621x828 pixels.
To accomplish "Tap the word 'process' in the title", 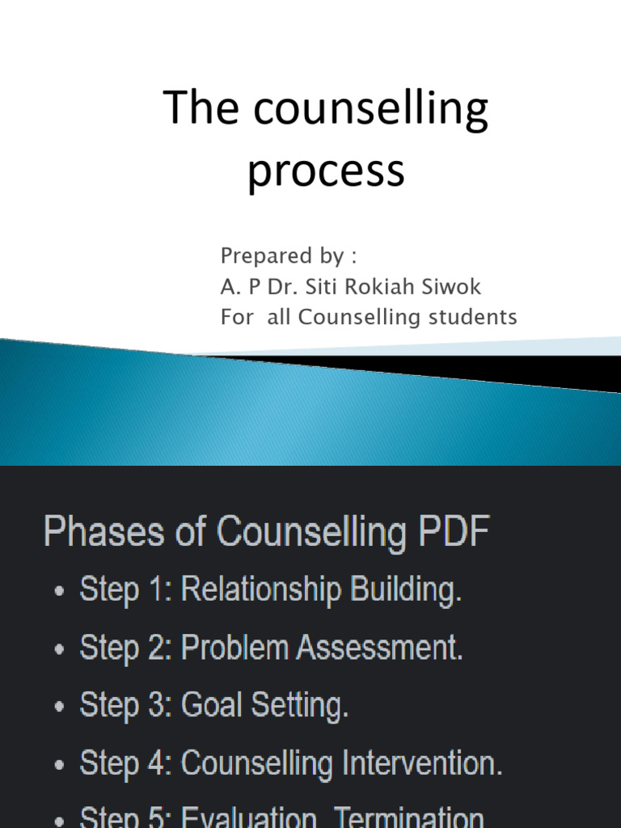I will [x=326, y=171].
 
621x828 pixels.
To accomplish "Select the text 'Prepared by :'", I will [x=289, y=256].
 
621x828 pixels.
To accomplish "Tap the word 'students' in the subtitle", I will [x=472, y=318].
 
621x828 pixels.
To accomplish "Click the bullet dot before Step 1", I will [x=59, y=593].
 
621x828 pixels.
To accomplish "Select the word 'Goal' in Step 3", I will [x=213, y=706].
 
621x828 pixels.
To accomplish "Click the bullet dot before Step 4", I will [x=59, y=766].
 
